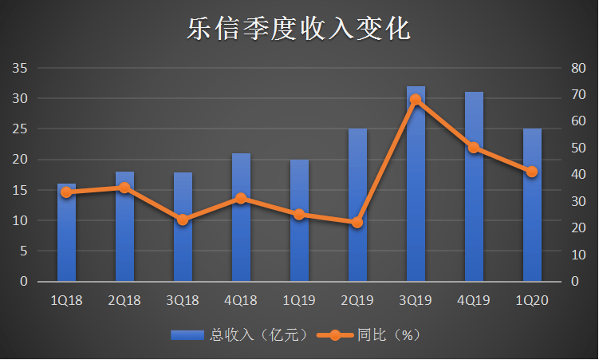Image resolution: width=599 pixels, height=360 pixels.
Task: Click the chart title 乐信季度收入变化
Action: click(x=298, y=30)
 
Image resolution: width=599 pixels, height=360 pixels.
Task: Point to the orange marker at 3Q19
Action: click(x=416, y=100)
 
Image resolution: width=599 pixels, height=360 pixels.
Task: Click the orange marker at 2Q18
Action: click(x=124, y=188)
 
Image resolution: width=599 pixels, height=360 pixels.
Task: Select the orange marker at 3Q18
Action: click(x=183, y=220)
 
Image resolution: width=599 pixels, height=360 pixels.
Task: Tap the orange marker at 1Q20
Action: click(x=532, y=172)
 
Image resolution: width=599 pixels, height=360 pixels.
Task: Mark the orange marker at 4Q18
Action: click(x=241, y=198)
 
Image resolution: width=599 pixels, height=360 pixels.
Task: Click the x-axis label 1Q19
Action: click(x=299, y=300)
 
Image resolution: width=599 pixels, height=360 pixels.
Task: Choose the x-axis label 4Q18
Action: click(x=241, y=300)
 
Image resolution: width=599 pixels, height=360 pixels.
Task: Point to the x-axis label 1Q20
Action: click(x=532, y=300)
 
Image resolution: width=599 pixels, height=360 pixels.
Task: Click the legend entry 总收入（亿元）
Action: click(x=239, y=336)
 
